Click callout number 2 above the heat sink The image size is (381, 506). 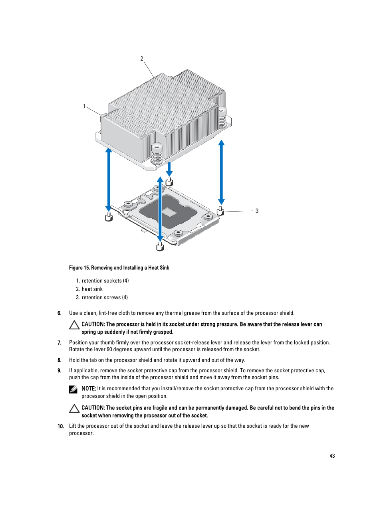(141, 59)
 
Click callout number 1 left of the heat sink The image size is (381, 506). (84, 106)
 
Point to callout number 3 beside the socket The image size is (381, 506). (257, 211)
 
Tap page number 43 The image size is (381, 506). (332, 456)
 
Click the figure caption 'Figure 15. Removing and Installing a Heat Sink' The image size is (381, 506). (119, 268)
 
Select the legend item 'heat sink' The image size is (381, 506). (92, 289)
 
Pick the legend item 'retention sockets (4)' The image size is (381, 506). (105, 281)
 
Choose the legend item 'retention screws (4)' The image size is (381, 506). (105, 297)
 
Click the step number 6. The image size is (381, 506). (60, 313)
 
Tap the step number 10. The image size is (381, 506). (61, 426)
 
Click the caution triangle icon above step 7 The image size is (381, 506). (74, 325)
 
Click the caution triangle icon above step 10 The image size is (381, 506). (74, 409)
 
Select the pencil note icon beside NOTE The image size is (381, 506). (73, 389)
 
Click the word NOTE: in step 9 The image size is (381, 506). (89, 388)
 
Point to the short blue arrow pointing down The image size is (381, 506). (169, 169)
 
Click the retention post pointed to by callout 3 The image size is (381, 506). (220, 211)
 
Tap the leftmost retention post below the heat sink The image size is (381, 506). (109, 217)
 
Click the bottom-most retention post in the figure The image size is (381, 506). (160, 246)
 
